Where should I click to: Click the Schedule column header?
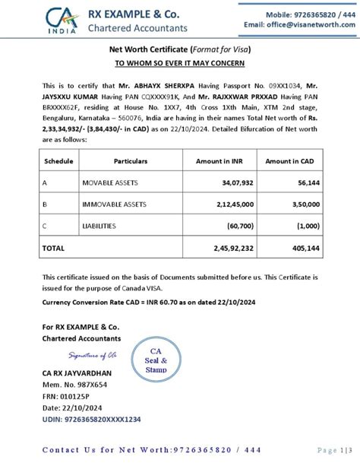58,161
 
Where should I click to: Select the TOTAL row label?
54,248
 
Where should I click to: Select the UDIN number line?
91,420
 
